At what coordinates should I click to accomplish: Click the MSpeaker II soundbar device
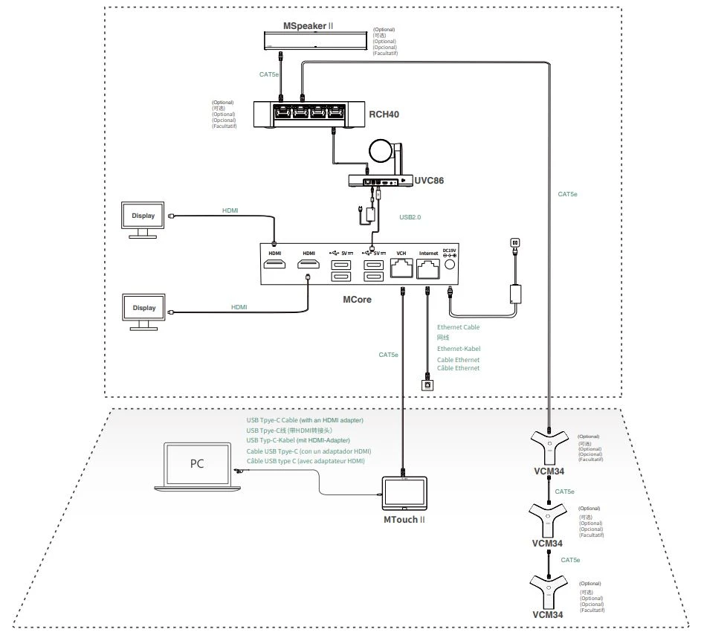[315, 41]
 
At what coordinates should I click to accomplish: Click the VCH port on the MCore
[402, 270]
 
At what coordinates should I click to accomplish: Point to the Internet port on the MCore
[429, 270]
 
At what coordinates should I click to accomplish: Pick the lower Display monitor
[143, 309]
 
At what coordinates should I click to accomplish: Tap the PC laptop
[197, 466]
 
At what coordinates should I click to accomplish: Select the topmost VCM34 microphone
[549, 449]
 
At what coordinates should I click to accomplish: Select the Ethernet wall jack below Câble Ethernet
[427, 385]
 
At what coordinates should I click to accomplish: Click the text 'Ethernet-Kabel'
[458, 349]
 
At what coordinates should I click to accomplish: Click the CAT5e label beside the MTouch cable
[388, 355]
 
